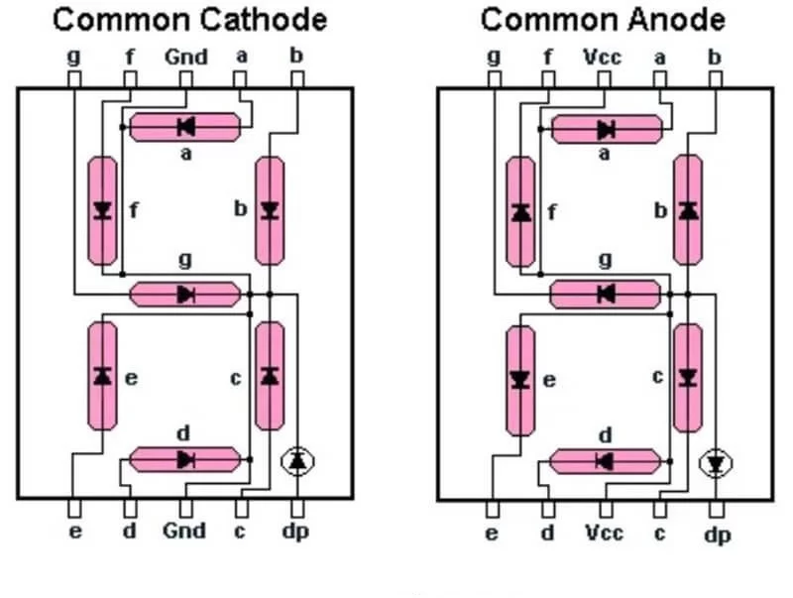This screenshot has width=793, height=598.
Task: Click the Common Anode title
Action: [603, 19]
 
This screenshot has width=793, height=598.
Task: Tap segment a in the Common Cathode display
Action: [185, 126]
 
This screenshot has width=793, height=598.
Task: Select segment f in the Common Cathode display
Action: [102, 210]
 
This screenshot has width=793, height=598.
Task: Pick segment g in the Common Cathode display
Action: [185, 294]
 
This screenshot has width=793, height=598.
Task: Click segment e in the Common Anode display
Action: [520, 380]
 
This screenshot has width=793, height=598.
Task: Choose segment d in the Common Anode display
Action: [604, 460]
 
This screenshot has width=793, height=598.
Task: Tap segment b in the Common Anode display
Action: [688, 210]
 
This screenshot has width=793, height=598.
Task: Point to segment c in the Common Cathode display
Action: [269, 376]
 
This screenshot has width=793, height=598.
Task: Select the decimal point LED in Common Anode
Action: [716, 462]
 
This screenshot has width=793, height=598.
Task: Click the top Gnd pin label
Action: [185, 57]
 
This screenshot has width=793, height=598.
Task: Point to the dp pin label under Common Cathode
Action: [295, 533]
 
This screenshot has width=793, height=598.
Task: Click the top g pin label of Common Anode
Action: [494, 57]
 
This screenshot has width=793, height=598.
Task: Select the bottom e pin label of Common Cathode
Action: [75, 532]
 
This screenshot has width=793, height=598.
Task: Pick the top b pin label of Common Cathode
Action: [295, 55]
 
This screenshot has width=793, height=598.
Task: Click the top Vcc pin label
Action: [603, 57]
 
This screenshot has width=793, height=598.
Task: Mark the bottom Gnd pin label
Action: [185, 532]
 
